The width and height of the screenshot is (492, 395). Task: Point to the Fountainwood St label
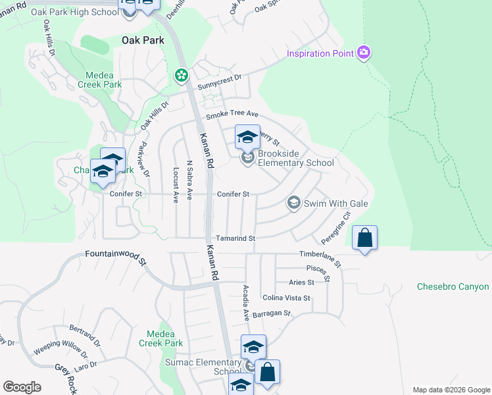tap(115, 257)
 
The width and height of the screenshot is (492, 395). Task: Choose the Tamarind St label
tap(235, 238)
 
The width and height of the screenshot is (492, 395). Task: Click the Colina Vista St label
tap(286, 298)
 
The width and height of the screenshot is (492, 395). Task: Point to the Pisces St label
tap(318, 269)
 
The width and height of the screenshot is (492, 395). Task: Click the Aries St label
tap(301, 282)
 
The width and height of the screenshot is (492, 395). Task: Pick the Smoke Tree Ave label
tap(232, 115)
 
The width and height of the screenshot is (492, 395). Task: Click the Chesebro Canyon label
tap(453, 287)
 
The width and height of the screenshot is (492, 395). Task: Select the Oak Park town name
tap(143, 40)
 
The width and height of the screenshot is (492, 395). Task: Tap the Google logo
tap(22, 387)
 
